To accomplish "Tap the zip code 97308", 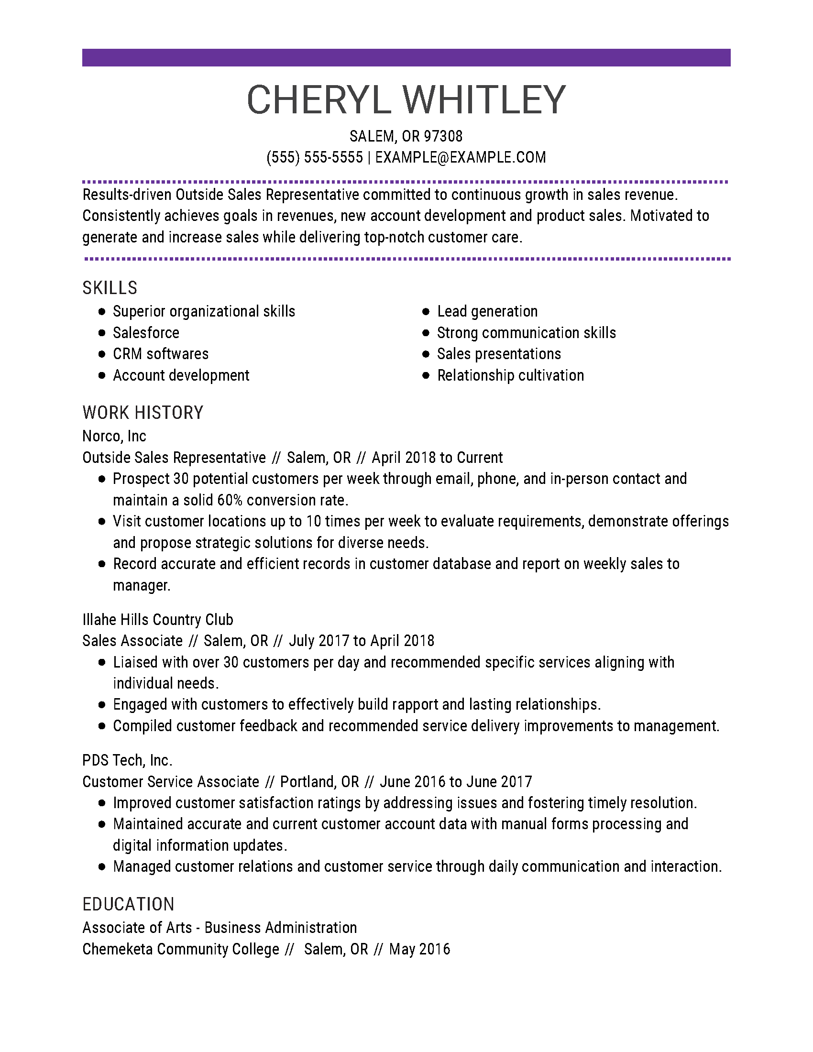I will click(443, 136).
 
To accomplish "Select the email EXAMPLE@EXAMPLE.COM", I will click(461, 157).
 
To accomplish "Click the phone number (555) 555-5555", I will click(315, 157).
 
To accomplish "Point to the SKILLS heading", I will click(110, 288).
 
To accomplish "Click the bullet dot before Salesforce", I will click(101, 333).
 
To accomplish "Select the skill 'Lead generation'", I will click(487, 312).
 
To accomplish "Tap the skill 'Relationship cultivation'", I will click(510, 375).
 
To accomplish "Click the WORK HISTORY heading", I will click(143, 413).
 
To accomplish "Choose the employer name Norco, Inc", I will click(114, 436).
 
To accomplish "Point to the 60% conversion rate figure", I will click(230, 500).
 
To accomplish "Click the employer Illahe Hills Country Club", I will click(157, 619).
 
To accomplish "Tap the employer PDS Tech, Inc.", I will click(127, 760).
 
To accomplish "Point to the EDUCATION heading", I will click(128, 904).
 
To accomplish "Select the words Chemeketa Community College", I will click(181, 949).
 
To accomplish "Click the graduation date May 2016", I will click(419, 949).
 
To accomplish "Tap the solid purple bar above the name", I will click(406, 57).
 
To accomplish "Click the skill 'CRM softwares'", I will click(160, 354).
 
